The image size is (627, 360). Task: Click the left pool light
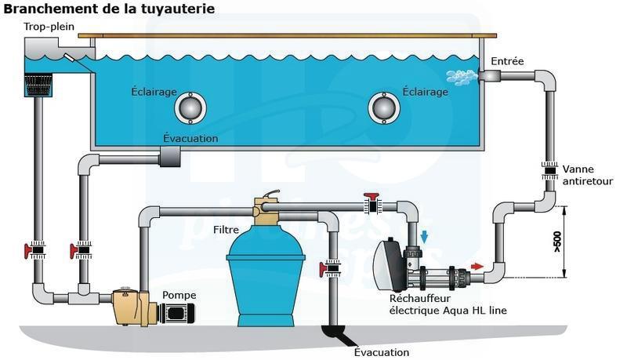pos(190,107)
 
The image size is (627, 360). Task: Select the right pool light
pos(383,108)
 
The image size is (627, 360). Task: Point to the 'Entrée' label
pos(507,61)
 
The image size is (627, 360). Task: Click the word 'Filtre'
pos(227,230)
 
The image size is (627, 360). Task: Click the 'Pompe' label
pos(179,295)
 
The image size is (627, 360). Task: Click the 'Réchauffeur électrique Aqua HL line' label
pos(448,305)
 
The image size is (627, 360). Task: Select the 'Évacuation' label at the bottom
pos(382,351)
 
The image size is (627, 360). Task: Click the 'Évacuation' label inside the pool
pos(190,139)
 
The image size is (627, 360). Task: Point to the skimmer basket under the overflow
pos(38,85)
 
